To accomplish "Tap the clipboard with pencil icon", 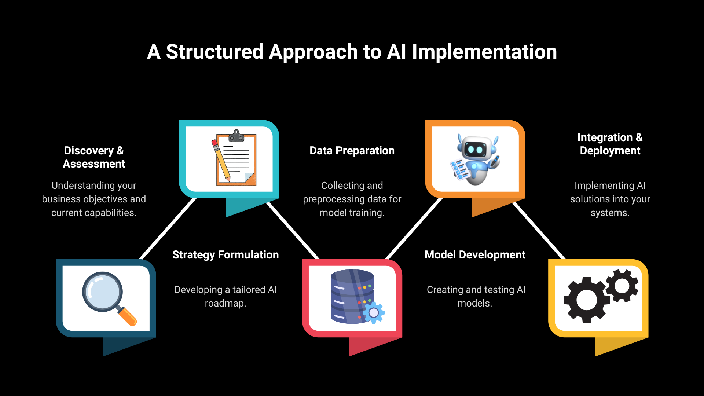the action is tap(234, 158).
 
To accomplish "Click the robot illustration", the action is tap(475, 159).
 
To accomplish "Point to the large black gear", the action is tap(587, 300).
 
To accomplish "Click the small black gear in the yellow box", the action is tap(622, 286).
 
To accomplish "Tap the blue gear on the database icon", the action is tap(374, 312).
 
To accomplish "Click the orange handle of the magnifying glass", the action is tap(127, 316).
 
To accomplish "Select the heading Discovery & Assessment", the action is tap(94, 157).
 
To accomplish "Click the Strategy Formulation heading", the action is tap(225, 255).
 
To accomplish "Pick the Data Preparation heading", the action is tap(352, 151).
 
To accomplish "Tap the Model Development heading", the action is tap(475, 255).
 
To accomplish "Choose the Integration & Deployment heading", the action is tap(610, 144).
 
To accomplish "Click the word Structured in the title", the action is tap(214, 52).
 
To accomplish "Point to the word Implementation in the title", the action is tap(484, 52).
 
